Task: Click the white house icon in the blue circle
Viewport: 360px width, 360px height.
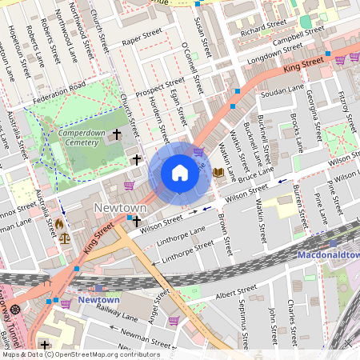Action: tap(180, 173)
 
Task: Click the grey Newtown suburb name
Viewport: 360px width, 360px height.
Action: tap(119, 207)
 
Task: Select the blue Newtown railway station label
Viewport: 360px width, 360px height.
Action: tap(99, 300)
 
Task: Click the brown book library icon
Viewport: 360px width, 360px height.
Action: tap(218, 172)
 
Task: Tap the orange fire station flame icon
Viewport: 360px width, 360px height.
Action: tap(58, 224)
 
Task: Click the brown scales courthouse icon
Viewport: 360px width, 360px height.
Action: tap(64, 238)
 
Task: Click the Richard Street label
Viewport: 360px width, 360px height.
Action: tap(262, 28)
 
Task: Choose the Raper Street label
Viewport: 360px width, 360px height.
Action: tap(142, 37)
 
